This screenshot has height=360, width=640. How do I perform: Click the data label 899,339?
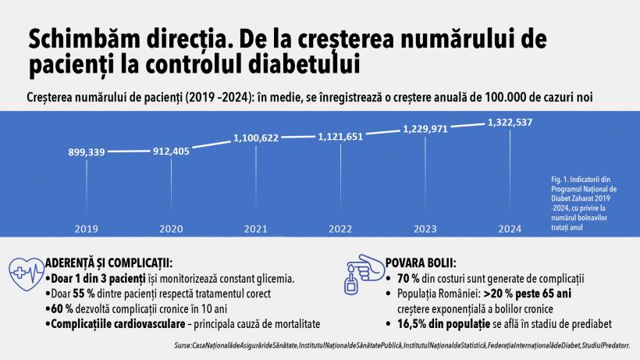(x=87, y=151)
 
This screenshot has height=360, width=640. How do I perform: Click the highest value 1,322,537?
(x=511, y=123)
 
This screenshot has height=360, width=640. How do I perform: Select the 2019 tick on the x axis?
(x=87, y=230)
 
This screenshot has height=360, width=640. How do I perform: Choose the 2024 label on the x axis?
(x=511, y=230)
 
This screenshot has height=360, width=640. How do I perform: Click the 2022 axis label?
(x=341, y=230)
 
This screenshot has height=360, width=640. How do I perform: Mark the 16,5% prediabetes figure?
(x=414, y=323)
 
